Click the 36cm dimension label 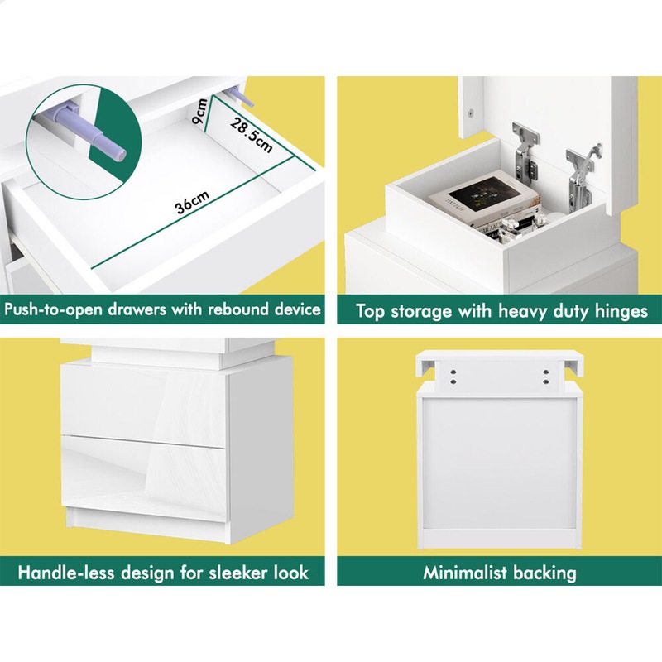coord(192,202)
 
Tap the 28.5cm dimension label coord(252,135)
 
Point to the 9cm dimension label coord(199,111)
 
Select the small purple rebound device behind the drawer coord(240,96)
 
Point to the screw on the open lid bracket coord(470,113)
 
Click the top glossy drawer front coord(143,401)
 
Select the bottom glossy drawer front coord(144,477)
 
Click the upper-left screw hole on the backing coord(453,372)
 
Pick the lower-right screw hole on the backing coord(546,381)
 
